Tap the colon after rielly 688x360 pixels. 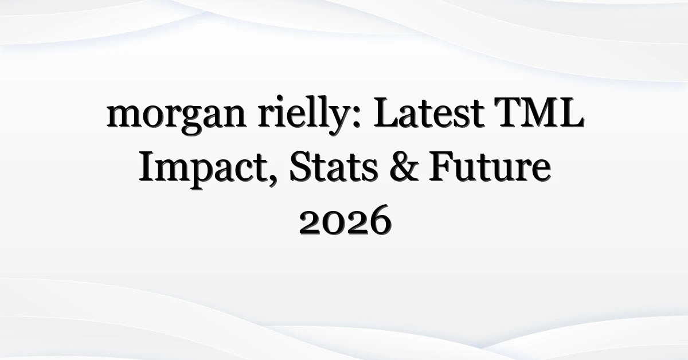tap(356, 116)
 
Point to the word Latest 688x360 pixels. tap(429, 112)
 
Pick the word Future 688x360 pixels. tap(490, 167)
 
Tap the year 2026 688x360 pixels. tap(345, 220)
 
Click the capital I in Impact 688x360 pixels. tap(148, 167)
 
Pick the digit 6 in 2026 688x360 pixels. tap(380, 220)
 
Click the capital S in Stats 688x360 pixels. tap(300, 167)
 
